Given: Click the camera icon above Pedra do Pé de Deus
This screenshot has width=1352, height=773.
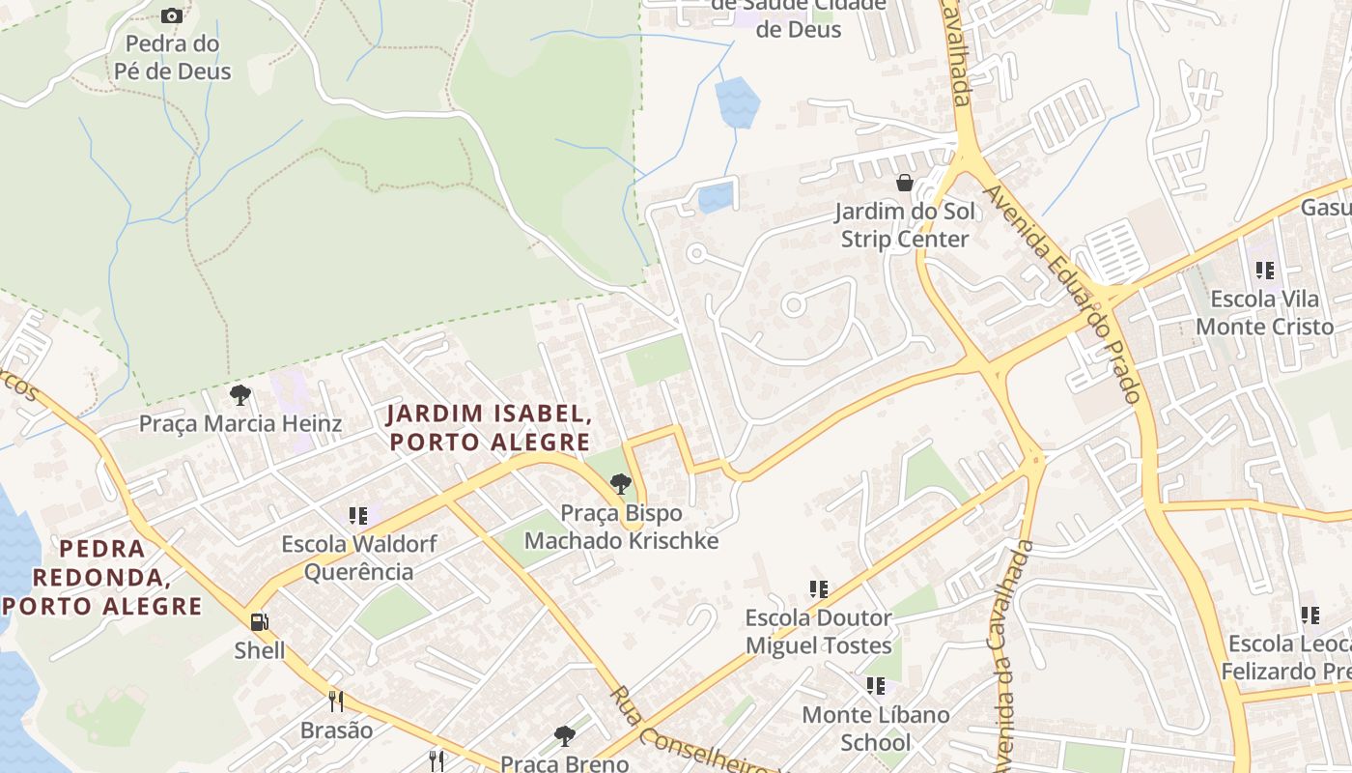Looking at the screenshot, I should click(x=172, y=15).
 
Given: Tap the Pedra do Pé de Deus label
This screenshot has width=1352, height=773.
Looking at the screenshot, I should click(x=173, y=58).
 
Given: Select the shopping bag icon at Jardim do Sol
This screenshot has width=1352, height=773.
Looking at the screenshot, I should click(x=905, y=182).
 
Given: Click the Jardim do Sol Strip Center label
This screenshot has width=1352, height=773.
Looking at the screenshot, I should click(x=904, y=225).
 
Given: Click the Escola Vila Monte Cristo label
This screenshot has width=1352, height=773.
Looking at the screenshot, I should click(x=1264, y=313).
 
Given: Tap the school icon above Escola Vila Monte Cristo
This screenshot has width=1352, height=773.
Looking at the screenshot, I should click(x=1264, y=271).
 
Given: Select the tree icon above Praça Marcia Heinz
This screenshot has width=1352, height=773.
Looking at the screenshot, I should click(x=240, y=394).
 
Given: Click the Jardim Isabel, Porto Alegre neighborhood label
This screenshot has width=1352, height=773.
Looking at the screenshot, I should click(x=489, y=428).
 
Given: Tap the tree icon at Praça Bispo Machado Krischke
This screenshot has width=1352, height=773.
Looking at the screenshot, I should click(x=621, y=484).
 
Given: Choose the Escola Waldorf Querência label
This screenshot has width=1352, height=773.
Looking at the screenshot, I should click(x=359, y=558).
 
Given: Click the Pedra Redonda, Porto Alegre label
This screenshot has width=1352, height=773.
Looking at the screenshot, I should click(x=103, y=578).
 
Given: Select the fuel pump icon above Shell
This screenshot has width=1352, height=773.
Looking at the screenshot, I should click(x=259, y=622).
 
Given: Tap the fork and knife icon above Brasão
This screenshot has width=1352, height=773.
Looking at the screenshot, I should click(x=336, y=701).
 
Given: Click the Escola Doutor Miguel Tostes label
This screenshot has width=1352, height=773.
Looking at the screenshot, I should click(x=818, y=631).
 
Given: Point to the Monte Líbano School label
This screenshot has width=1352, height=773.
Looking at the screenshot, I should click(x=876, y=729).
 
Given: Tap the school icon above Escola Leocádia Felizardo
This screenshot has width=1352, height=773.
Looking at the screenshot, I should click(x=1310, y=615).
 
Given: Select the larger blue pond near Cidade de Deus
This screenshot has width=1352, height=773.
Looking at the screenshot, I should click(x=737, y=101).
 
